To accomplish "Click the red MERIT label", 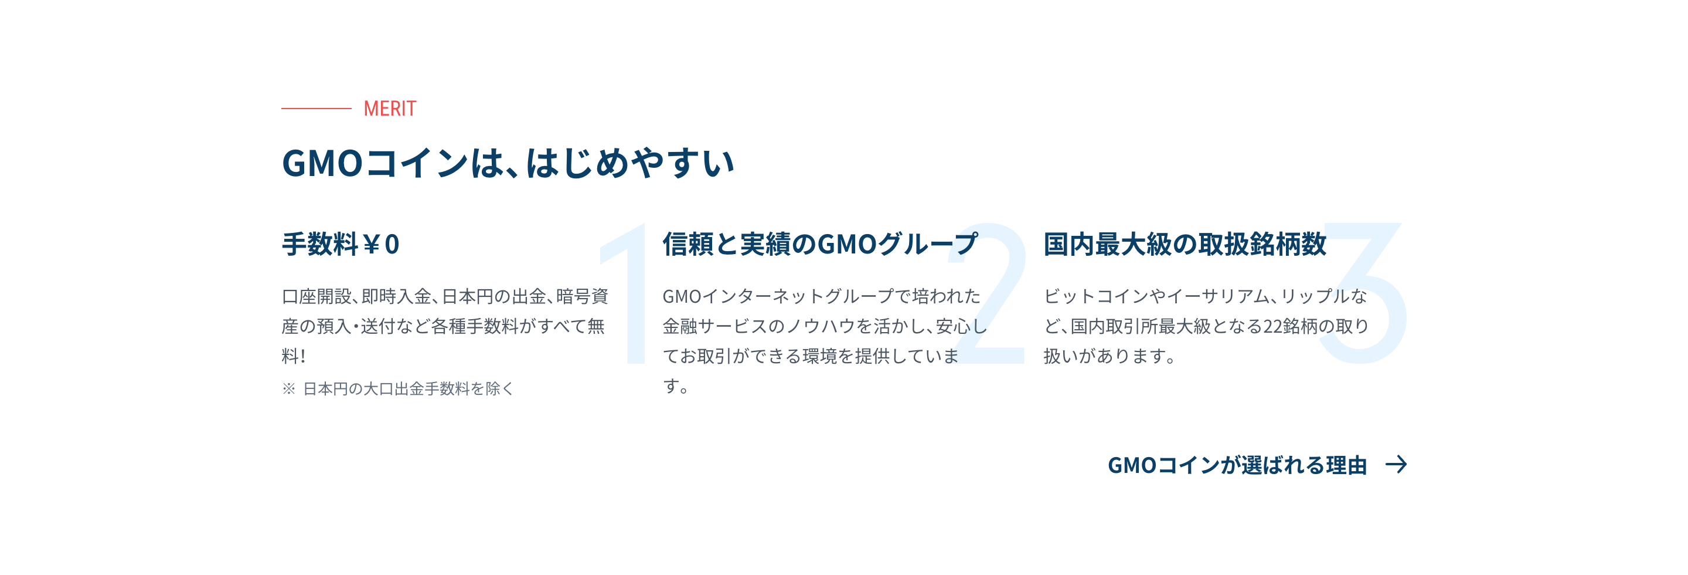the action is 390,108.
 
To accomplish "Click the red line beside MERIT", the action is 316,108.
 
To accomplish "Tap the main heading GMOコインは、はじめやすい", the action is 508,163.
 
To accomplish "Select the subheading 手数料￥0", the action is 341,244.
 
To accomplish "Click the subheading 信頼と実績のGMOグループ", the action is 821,244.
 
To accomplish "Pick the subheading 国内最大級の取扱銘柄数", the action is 1185,244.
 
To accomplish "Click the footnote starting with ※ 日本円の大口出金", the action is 398,389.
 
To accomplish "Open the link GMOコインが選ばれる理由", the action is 1237,465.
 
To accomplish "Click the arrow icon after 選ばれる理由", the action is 1396,465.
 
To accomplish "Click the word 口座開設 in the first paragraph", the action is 316,296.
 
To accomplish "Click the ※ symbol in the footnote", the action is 289,389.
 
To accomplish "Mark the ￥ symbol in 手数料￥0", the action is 372,245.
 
